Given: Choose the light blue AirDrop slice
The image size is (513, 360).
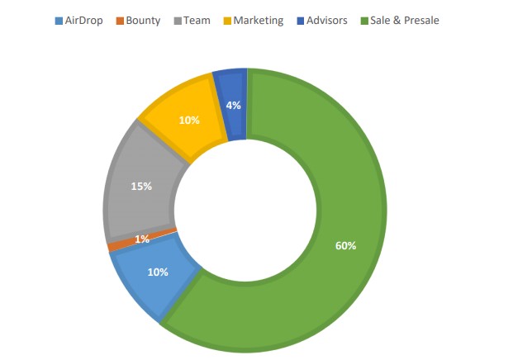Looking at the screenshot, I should click(x=149, y=281).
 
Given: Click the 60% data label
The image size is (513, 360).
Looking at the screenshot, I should click(x=345, y=245).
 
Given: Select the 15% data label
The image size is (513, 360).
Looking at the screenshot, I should click(x=141, y=186).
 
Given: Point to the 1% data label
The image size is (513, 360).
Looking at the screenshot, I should click(x=142, y=239).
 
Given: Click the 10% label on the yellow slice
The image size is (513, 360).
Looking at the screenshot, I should click(x=188, y=120).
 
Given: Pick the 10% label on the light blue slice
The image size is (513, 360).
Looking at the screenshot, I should click(x=158, y=272).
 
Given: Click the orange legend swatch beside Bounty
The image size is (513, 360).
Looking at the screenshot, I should click(x=120, y=21).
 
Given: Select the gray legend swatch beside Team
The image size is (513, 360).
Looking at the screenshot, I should click(x=178, y=21).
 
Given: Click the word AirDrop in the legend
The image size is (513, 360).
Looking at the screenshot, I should click(x=83, y=21).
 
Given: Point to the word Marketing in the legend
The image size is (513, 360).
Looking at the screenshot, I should click(x=258, y=21).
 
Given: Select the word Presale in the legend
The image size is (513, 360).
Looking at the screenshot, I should click(x=420, y=21).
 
